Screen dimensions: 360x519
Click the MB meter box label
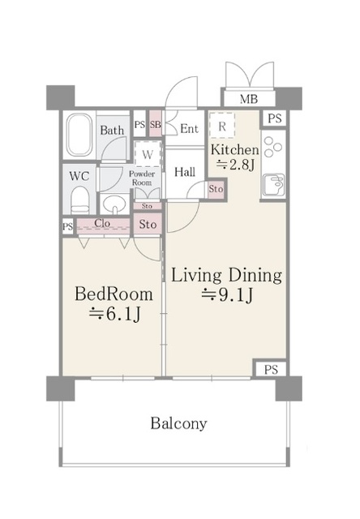pyautogui.click(x=248, y=99)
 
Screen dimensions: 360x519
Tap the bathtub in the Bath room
pyautogui.click(x=79, y=136)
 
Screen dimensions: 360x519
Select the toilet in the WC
pyautogui.click(x=79, y=200)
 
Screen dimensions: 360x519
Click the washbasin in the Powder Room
pyautogui.click(x=114, y=204)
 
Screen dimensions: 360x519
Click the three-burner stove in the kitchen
pyautogui.click(x=273, y=147)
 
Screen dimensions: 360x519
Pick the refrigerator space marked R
pyautogui.click(x=222, y=126)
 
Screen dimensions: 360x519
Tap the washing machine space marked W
pyautogui.click(x=148, y=154)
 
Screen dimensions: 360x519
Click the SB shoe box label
pyautogui.click(x=155, y=124)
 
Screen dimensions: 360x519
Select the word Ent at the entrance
pyautogui.click(x=189, y=128)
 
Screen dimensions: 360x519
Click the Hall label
pyautogui.click(x=185, y=172)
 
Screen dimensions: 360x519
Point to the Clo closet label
pyautogui.click(x=102, y=223)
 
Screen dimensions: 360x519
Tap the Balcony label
pyautogui.click(x=178, y=423)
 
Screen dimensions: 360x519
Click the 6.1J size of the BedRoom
pyautogui.click(x=115, y=315)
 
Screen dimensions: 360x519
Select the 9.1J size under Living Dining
pyautogui.click(x=228, y=295)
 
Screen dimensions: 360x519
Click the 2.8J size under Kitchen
pyautogui.click(x=235, y=165)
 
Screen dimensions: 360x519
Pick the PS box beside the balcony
pyautogui.click(x=271, y=370)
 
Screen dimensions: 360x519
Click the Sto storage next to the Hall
pyautogui.click(x=216, y=189)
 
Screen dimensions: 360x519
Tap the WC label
pyautogui.click(x=79, y=176)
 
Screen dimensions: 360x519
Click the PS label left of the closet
pyautogui.click(x=67, y=227)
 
